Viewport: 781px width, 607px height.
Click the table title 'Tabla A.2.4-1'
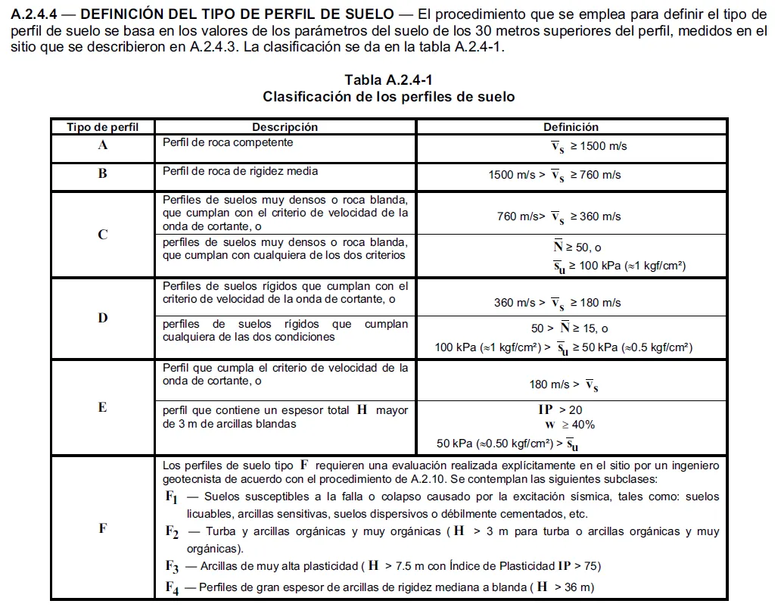pos(388,80)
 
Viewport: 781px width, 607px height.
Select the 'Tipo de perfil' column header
pos(102,127)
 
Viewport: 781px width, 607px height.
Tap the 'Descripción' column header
pos(285,127)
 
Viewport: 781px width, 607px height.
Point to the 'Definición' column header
pos(571,127)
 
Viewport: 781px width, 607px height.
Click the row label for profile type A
pos(103,145)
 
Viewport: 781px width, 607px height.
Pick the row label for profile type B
pos(103,173)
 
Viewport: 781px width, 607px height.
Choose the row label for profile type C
pos(103,235)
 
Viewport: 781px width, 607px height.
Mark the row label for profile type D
pos(103,318)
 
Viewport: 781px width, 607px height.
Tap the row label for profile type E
pos(103,407)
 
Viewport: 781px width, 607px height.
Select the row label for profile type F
pos(103,528)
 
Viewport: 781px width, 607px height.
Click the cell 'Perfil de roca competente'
pos(228,142)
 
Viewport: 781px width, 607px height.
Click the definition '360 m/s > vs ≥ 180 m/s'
pos(558,303)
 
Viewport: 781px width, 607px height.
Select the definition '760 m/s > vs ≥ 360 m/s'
pos(559,217)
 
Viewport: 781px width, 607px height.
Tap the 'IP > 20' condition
pos(560,409)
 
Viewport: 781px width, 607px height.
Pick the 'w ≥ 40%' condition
pos(570,425)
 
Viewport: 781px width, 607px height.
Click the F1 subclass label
pos(172,498)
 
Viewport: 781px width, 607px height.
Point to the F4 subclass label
pos(172,587)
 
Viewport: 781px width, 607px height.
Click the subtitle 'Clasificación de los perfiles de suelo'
pos(388,97)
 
